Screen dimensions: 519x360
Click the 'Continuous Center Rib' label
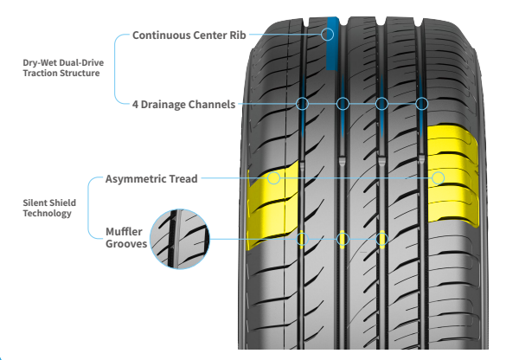(x=189, y=35)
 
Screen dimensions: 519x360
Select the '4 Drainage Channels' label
(x=183, y=105)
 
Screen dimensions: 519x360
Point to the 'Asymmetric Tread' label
(x=151, y=179)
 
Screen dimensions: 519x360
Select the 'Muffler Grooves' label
(x=126, y=237)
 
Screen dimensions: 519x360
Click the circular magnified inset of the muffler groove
(x=180, y=239)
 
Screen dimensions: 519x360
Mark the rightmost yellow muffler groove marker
(x=382, y=239)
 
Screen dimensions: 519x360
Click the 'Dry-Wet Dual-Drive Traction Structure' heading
(x=63, y=67)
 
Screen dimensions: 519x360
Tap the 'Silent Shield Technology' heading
(x=49, y=208)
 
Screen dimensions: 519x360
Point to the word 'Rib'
(x=238, y=35)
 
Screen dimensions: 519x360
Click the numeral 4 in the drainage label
(x=135, y=105)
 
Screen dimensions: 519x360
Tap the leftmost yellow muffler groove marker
(x=301, y=239)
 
